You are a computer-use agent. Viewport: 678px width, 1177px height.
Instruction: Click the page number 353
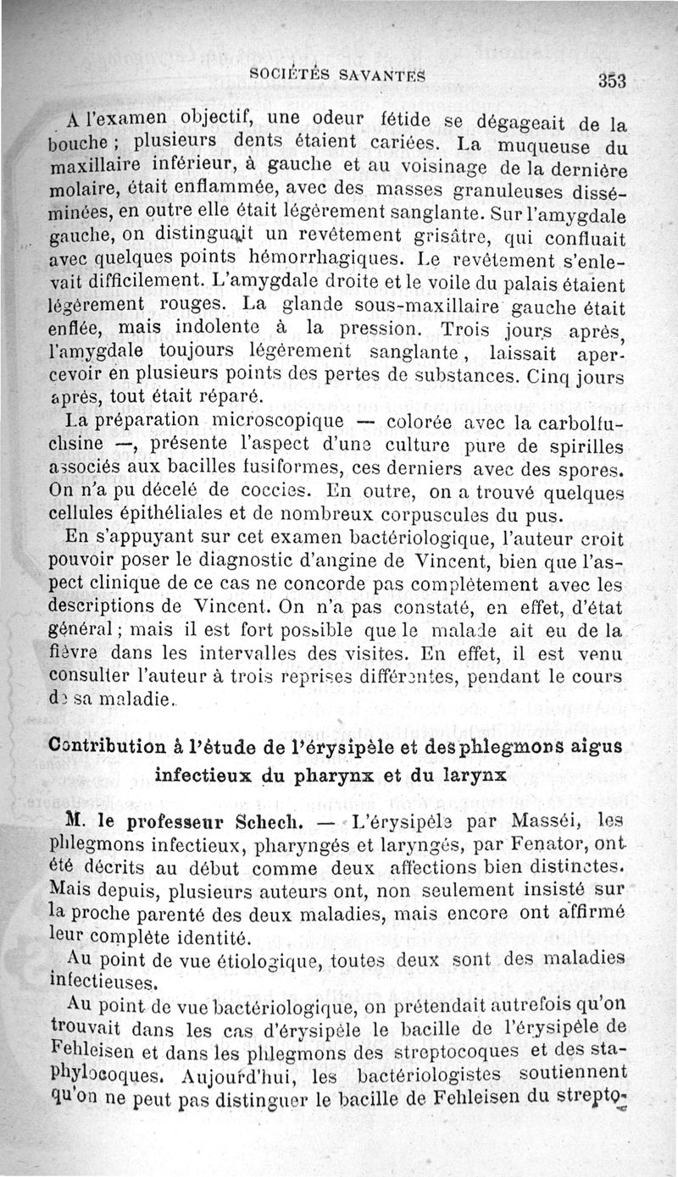(610, 82)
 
